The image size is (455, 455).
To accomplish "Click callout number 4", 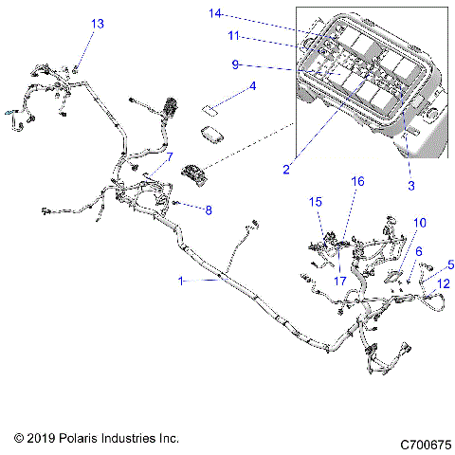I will pyautogui.click(x=252, y=86).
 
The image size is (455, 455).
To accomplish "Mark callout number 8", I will pyautogui.click(x=209, y=210).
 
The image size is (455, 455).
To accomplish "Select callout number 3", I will pyautogui.click(x=410, y=186).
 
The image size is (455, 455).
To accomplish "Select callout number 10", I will pyautogui.click(x=420, y=223).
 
